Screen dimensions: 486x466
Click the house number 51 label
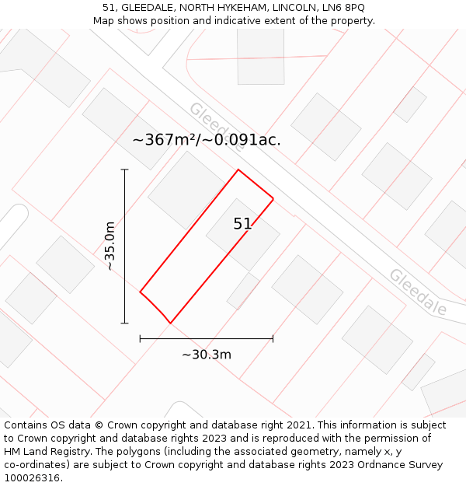tap(242, 224)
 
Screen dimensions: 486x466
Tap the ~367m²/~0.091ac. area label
tap(207, 140)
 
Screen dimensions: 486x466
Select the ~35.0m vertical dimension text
tap(110, 246)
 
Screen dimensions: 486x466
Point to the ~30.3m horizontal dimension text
tap(207, 355)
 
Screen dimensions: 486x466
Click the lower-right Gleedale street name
tap(418, 292)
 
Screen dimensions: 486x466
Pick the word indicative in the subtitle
tap(227, 21)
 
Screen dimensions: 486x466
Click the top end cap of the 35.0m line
tap(124, 170)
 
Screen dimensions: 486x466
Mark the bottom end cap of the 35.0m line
tap(124, 323)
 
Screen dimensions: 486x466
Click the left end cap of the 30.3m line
tap(140, 338)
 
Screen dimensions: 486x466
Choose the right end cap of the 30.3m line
tap(273, 338)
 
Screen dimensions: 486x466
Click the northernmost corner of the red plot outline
tap(238, 170)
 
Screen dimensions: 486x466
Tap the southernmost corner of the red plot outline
tap(170, 323)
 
